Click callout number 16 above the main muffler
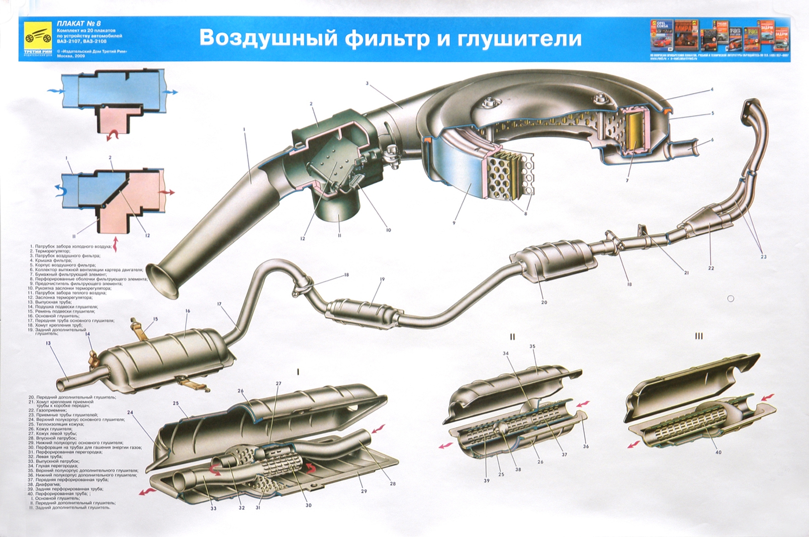click(187, 311)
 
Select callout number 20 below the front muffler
click(544, 302)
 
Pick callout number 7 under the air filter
click(627, 180)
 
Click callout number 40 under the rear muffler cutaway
click(718, 452)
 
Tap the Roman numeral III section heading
click(699, 337)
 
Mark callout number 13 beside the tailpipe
click(48, 343)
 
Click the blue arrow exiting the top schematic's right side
click(172, 92)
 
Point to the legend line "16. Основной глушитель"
click(65, 311)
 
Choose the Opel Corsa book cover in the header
click(662, 36)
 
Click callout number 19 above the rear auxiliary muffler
click(382, 279)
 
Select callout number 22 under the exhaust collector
click(711, 268)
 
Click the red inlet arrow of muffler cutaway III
click(767, 397)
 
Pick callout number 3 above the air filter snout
click(367, 84)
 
